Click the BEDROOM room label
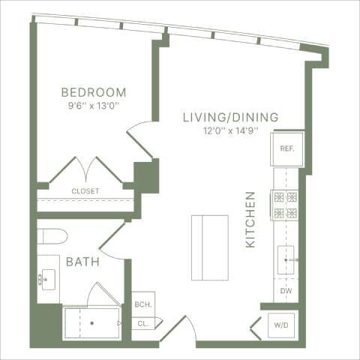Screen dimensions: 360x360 (x=93, y=92)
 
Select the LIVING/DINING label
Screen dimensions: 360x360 (x=231, y=117)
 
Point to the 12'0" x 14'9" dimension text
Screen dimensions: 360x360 (x=231, y=130)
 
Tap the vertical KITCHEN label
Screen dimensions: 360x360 (x=250, y=220)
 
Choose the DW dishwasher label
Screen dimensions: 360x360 (x=286, y=290)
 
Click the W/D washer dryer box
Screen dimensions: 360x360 (x=280, y=325)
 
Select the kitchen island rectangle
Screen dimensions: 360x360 (x=209, y=247)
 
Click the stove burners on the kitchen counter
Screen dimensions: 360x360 (x=286, y=205)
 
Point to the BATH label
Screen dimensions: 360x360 (x=80, y=262)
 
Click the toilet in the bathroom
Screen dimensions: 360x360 (x=52, y=237)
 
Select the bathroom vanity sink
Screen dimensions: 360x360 (x=47, y=278)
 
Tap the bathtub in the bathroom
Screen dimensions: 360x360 (x=91, y=322)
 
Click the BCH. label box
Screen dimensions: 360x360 (x=142, y=305)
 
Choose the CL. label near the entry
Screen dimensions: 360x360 (x=142, y=324)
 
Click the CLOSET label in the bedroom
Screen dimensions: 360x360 (x=85, y=191)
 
